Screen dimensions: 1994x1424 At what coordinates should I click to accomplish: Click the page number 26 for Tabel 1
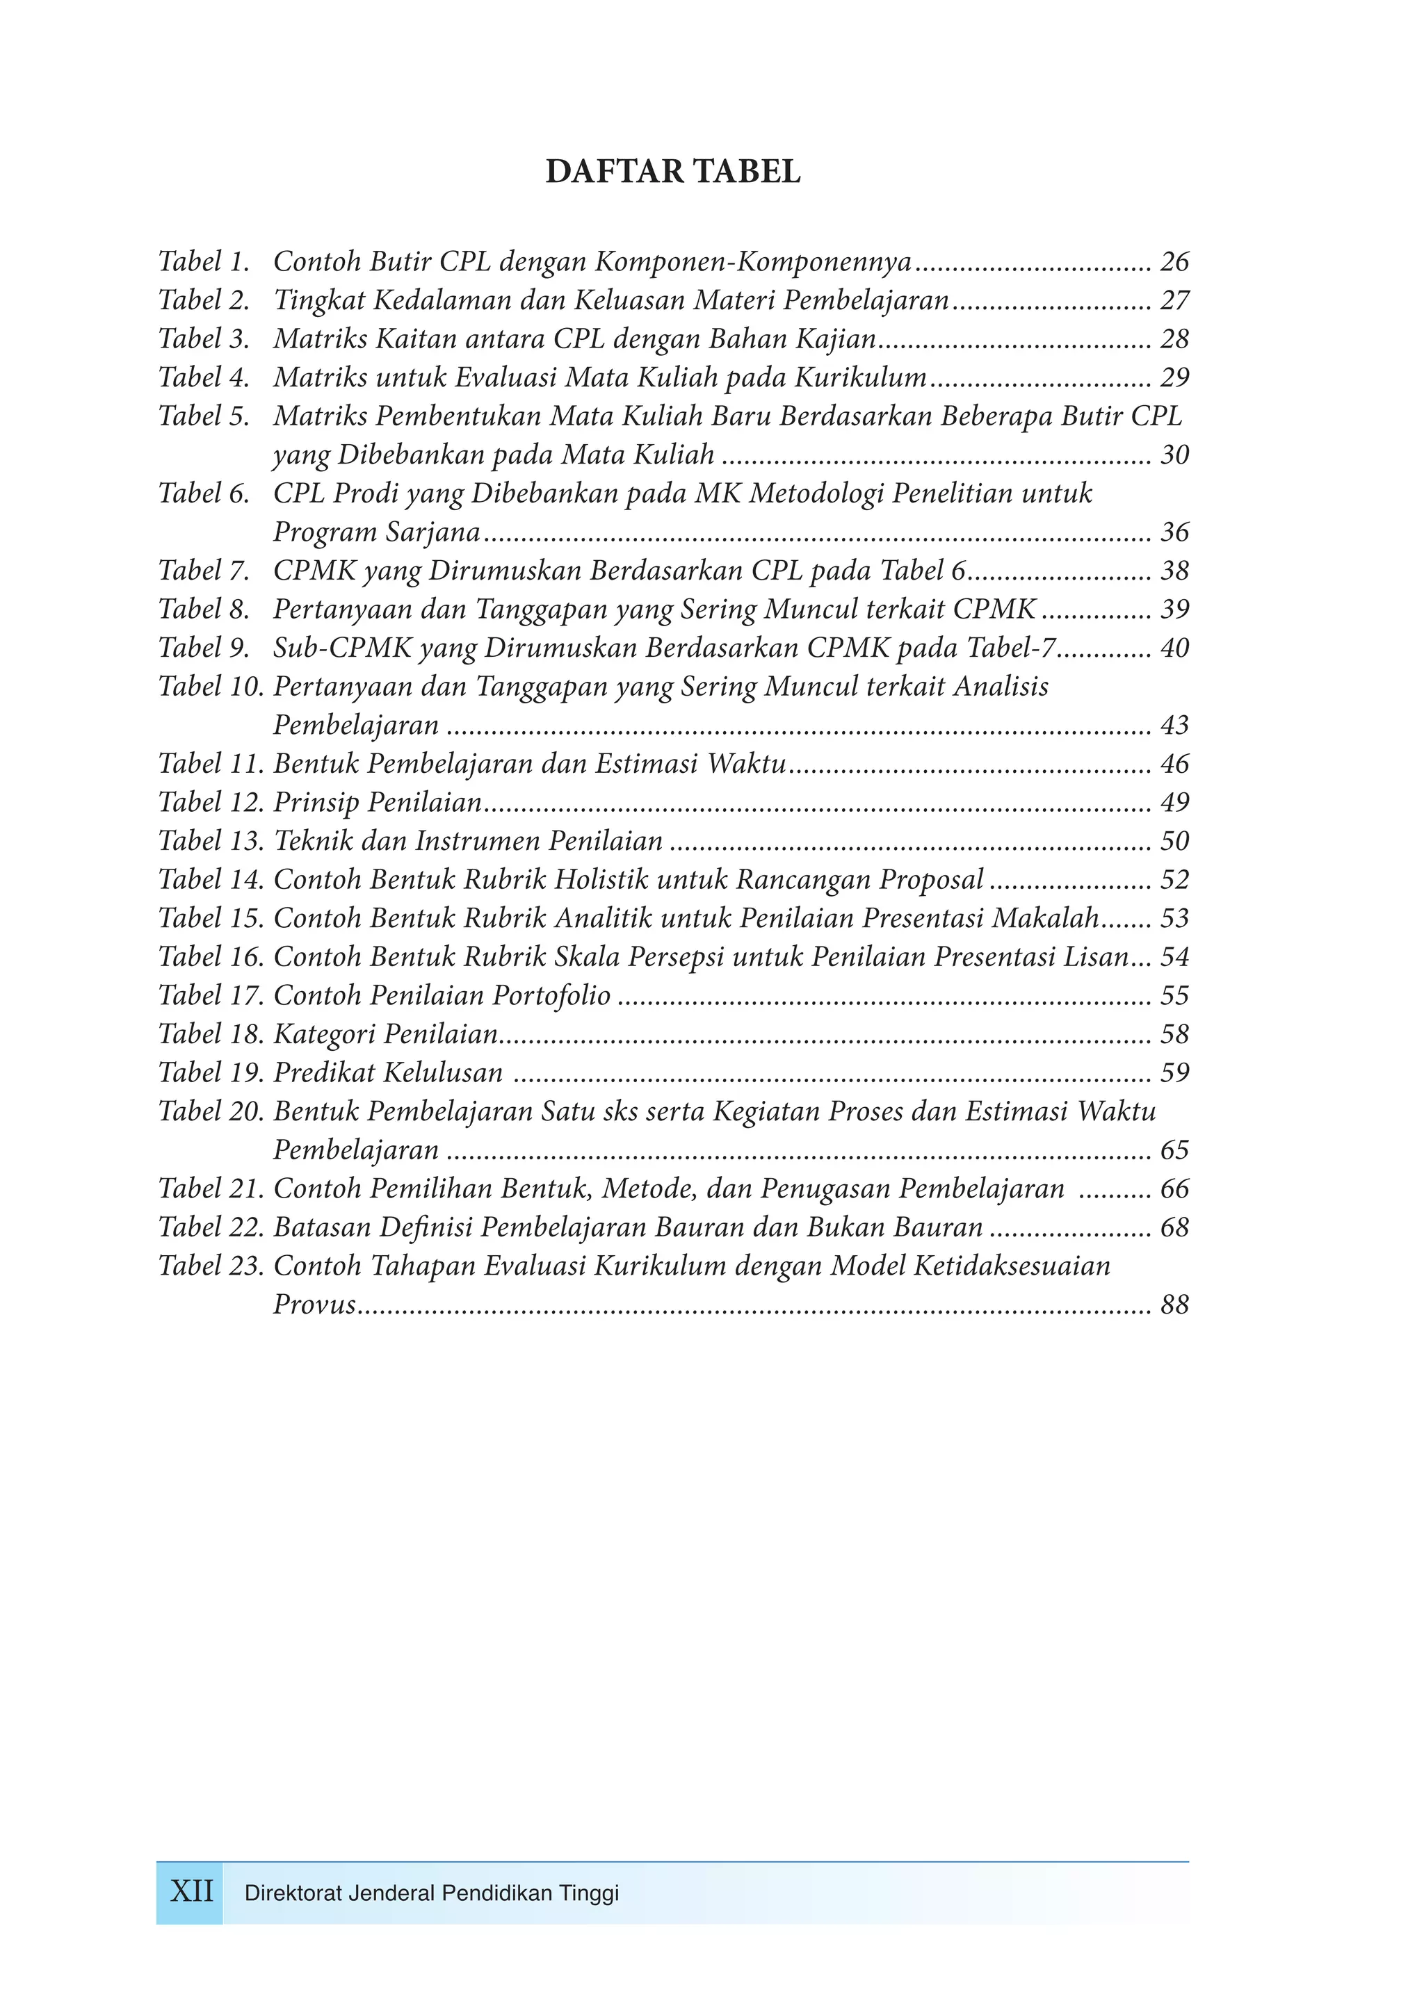point(1174,261)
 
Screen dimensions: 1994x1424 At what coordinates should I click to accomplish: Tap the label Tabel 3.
point(204,338)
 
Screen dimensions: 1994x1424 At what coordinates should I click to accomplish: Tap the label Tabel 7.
point(204,571)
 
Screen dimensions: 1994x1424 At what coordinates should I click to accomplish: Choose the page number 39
point(1174,609)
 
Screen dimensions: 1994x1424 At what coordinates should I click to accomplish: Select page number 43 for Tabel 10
point(1174,725)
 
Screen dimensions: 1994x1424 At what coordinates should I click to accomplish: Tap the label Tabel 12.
point(211,802)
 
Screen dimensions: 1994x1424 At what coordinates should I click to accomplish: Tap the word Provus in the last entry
point(314,1305)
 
